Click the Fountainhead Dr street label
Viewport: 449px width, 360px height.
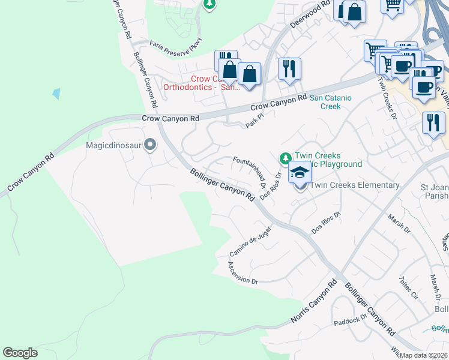(x=250, y=170)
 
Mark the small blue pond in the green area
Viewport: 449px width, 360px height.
(x=56, y=94)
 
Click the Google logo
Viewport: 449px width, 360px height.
(x=20, y=352)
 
